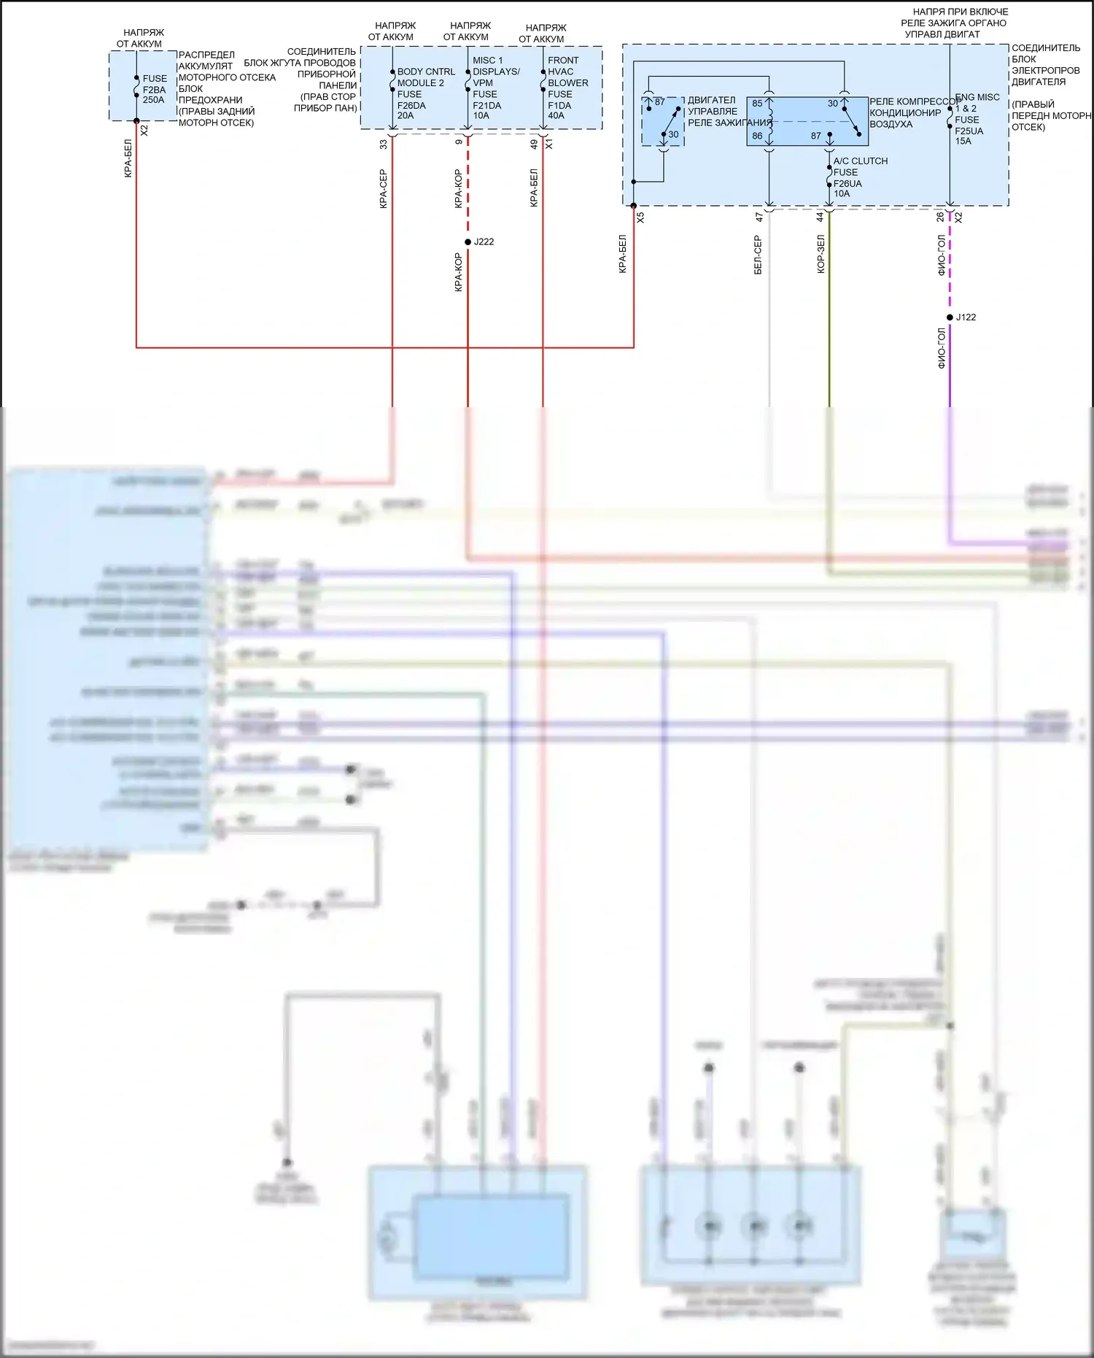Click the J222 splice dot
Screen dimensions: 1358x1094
click(x=468, y=242)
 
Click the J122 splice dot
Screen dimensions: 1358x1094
click(x=950, y=317)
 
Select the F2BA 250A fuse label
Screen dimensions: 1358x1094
click(x=154, y=89)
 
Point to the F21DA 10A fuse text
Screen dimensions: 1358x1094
click(x=483, y=110)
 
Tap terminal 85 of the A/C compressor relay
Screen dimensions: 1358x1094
click(x=757, y=104)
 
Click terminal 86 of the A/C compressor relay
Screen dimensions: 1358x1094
click(x=757, y=136)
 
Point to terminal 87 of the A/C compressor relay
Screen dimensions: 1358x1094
click(x=815, y=136)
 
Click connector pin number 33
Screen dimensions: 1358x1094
click(x=384, y=144)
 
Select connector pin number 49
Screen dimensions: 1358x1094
click(x=534, y=144)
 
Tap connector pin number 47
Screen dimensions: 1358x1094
click(x=759, y=217)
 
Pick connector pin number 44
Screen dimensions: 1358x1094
click(x=820, y=217)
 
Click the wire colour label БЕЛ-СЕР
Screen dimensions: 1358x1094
click(x=758, y=255)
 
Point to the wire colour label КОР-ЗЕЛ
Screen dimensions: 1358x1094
click(x=820, y=254)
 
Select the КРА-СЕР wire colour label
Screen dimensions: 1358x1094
click(x=383, y=189)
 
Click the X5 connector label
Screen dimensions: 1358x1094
click(x=640, y=217)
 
